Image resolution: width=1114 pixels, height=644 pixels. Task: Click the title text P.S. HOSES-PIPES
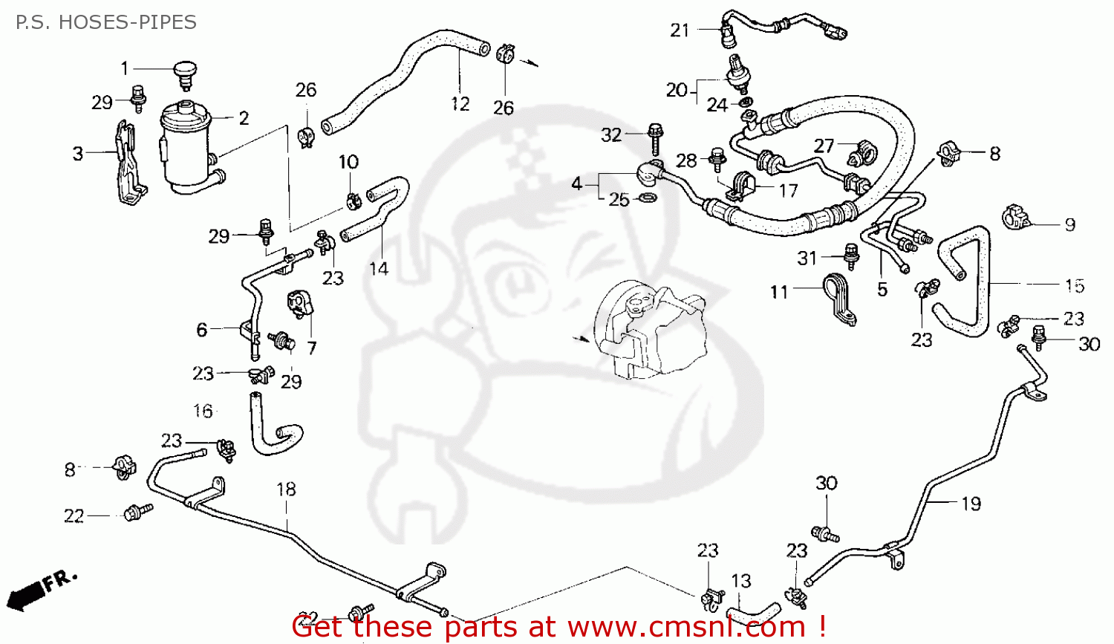click(105, 22)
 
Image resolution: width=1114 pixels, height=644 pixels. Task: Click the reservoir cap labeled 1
click(184, 74)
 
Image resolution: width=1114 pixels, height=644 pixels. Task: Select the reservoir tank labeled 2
click(186, 149)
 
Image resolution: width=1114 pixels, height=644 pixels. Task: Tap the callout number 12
click(460, 104)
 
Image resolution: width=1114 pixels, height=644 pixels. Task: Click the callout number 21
click(680, 30)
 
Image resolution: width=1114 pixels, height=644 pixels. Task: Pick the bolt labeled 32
click(654, 138)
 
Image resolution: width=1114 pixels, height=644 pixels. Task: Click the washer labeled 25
click(648, 198)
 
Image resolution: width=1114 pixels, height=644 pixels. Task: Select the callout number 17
click(787, 191)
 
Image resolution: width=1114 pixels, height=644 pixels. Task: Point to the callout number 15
click(1074, 286)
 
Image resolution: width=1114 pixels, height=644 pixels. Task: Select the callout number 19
click(971, 504)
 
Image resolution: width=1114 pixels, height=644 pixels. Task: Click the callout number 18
click(286, 489)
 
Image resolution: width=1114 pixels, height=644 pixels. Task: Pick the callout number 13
click(740, 581)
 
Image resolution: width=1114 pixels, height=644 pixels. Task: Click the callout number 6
click(201, 329)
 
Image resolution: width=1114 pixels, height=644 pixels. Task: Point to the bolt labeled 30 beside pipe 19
click(824, 532)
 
